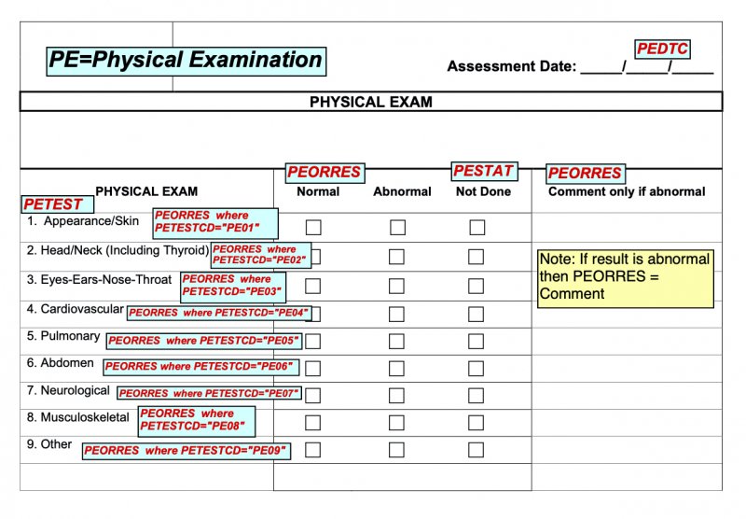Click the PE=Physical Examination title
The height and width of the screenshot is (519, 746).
click(x=186, y=61)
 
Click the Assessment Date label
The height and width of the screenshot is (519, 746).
click(x=512, y=66)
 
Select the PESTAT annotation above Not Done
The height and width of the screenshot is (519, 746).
click(x=483, y=171)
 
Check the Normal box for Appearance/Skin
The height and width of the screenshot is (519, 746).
click(x=313, y=227)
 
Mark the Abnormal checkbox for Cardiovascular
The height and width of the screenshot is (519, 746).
click(x=397, y=314)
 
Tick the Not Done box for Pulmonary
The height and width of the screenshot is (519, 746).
click(x=477, y=342)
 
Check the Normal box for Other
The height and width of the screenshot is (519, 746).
click(x=313, y=450)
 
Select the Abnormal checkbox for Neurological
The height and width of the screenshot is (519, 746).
click(x=397, y=395)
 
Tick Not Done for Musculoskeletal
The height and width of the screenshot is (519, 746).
click(x=477, y=423)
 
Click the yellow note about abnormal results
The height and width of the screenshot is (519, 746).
click(x=625, y=277)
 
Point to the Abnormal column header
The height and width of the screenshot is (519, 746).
click(x=402, y=191)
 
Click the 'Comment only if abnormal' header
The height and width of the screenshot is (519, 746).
click(x=627, y=191)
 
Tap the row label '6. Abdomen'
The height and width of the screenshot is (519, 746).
click(x=61, y=363)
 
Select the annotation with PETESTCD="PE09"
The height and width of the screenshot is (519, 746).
click(x=186, y=451)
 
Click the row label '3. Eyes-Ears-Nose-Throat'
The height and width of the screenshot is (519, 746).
click(x=100, y=279)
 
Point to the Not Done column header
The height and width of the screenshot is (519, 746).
click(x=483, y=191)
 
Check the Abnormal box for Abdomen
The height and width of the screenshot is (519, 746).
click(x=397, y=369)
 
